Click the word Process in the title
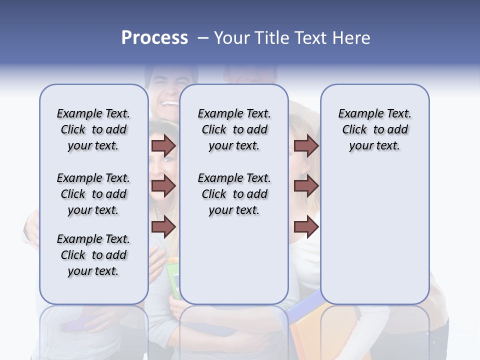pos(154,38)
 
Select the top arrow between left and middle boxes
pos(163,145)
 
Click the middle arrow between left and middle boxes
pos(163,186)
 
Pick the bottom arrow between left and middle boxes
pos(163,227)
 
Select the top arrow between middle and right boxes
pos(306,145)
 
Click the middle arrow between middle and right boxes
pos(306,186)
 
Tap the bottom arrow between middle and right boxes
pos(306,227)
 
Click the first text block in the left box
pos(93,130)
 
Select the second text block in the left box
pos(93,194)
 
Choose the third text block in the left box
pos(93,255)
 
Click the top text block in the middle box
pos(234,130)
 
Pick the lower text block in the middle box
pos(234,194)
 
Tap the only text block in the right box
pos(374,130)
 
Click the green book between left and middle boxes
pos(173,280)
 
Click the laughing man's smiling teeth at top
pos(169,103)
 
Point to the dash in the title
pos(203,38)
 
